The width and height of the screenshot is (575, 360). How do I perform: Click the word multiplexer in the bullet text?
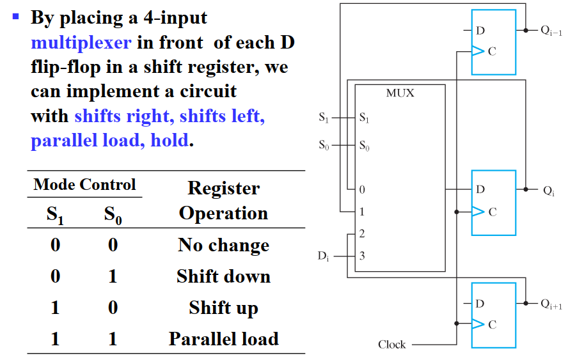(81, 43)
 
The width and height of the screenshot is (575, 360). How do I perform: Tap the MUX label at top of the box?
(400, 93)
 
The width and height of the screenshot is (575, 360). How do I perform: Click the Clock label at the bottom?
(391, 345)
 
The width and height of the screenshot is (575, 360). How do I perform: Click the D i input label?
(324, 256)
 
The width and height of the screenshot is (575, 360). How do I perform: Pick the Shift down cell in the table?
(223, 276)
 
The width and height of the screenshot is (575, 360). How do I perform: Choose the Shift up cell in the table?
(223, 308)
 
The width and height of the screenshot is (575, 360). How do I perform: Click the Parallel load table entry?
(223, 338)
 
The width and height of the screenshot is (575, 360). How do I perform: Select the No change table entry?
(223, 246)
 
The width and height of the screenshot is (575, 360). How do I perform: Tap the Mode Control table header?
(84, 185)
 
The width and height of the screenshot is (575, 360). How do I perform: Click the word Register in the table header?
(223, 188)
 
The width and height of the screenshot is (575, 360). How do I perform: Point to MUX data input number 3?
(362, 256)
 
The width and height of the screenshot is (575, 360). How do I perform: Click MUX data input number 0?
(362, 190)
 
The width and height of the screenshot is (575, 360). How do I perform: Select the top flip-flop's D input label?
(480, 30)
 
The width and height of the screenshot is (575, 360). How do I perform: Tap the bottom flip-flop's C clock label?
(492, 325)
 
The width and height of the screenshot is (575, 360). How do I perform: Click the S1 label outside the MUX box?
(324, 118)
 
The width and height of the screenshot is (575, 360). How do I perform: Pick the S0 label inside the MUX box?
(364, 146)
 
